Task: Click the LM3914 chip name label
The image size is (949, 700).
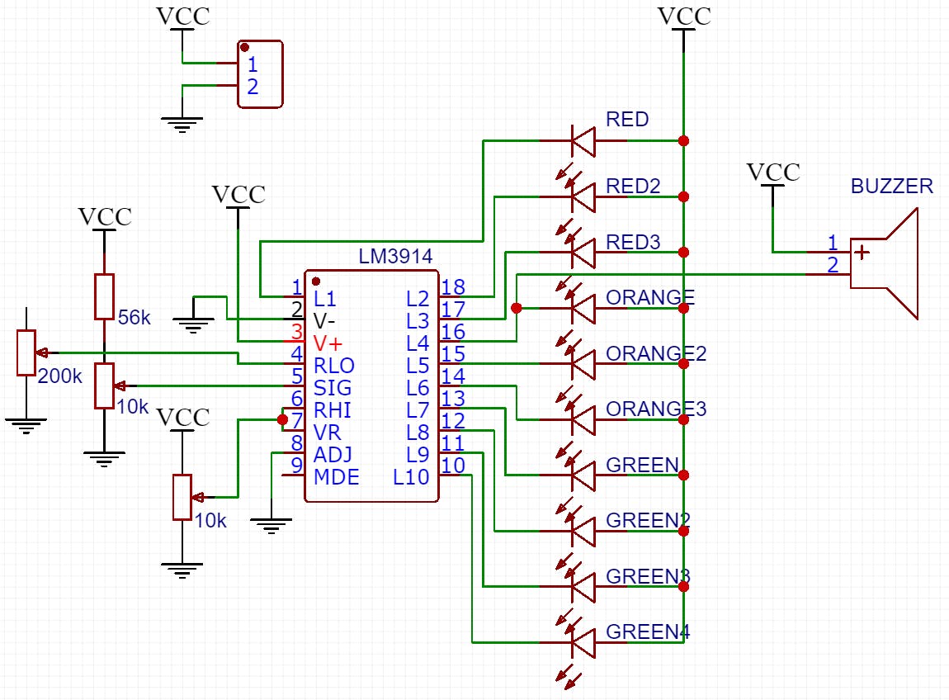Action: tap(395, 256)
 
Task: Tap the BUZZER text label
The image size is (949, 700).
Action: tap(891, 186)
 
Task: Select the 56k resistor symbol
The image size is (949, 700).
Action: tap(103, 296)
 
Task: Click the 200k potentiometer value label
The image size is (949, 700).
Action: tap(60, 376)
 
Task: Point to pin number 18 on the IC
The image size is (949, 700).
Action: tap(452, 287)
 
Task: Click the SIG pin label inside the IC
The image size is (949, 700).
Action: tap(333, 388)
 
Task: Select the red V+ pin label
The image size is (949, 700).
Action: tap(328, 343)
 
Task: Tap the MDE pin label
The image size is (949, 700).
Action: tap(336, 477)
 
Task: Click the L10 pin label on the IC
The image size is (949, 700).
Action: tap(411, 477)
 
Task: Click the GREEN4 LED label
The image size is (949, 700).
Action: tap(647, 632)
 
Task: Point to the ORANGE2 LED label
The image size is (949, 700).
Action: tap(656, 353)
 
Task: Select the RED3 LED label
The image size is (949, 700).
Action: tap(633, 242)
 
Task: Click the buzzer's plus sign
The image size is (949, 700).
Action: tap(862, 252)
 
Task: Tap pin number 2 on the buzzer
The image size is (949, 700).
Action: tap(833, 265)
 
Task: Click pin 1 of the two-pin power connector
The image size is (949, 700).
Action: tap(252, 64)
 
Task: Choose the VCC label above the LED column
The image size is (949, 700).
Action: tap(684, 16)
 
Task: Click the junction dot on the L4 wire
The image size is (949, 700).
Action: tap(517, 308)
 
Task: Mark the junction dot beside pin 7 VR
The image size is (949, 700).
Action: tap(283, 419)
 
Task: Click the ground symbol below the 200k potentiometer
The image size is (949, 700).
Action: tap(26, 425)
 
